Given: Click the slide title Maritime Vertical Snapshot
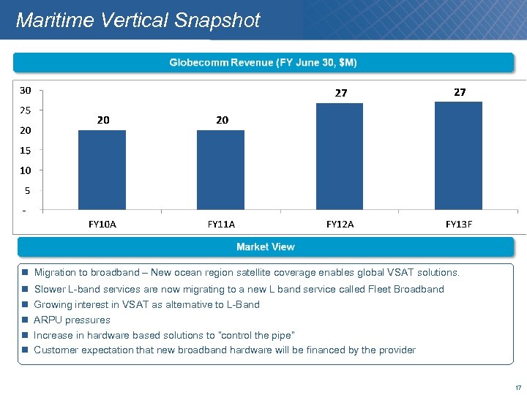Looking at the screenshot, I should (x=138, y=20).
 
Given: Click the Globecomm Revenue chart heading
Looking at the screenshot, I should (x=263, y=63).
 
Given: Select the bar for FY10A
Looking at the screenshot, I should (x=102, y=170).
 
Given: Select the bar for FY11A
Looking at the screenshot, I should (x=221, y=170).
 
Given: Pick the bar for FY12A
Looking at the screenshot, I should (x=340, y=157).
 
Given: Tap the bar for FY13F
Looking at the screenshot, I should (x=459, y=156).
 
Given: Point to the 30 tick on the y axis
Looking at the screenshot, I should (x=26, y=91).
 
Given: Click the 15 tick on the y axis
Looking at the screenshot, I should (x=26, y=151).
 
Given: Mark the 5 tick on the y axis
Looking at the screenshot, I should (x=26, y=191).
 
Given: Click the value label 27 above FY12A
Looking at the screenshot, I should (x=341, y=93).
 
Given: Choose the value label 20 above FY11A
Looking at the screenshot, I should (x=222, y=120).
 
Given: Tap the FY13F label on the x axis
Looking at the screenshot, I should (x=459, y=225).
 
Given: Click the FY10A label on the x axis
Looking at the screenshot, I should (x=102, y=225).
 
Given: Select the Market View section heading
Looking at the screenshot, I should (x=265, y=247).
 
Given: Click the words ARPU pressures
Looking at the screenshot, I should (x=72, y=320).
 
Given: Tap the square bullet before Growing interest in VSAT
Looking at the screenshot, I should (x=25, y=305).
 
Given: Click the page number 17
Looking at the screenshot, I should (x=518, y=388).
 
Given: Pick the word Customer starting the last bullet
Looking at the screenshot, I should (x=56, y=350).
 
